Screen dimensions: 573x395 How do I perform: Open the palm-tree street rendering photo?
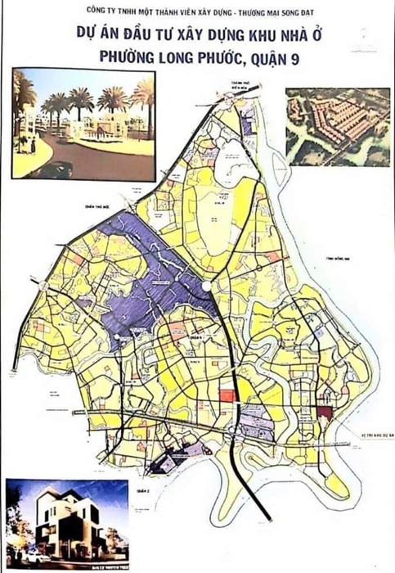click(x=83, y=123)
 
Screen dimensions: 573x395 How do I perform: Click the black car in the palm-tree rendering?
click(x=52, y=169)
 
